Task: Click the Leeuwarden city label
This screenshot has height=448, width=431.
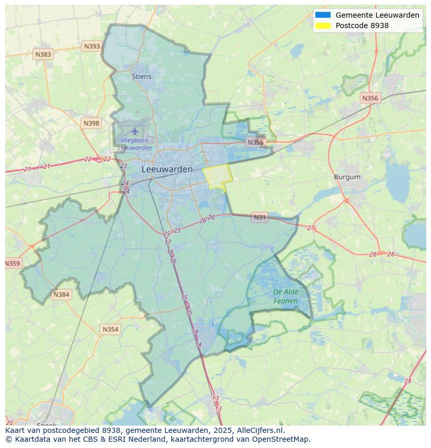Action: point(167,169)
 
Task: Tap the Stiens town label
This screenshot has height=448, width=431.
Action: point(142,76)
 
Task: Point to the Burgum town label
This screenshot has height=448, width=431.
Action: point(347,177)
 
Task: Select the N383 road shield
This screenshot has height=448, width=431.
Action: point(43,54)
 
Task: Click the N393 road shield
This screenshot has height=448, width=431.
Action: point(92,46)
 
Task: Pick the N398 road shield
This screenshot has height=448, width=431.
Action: point(91,123)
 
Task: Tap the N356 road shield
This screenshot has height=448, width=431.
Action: point(370,98)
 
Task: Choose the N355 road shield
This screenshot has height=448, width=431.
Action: point(256,142)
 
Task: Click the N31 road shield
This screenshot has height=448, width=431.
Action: point(259,217)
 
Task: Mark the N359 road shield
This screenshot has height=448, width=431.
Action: point(12,263)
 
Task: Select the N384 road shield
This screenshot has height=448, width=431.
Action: point(61,295)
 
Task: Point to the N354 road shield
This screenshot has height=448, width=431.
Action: point(110,329)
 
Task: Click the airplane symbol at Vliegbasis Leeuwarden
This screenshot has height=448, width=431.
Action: point(135,131)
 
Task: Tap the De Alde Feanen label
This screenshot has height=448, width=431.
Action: point(286,297)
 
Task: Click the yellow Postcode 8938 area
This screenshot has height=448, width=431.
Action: point(217,176)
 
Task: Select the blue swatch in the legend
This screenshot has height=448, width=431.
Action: point(323,15)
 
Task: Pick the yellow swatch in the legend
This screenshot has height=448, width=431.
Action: point(323,25)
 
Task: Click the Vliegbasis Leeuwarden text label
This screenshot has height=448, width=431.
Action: point(135,144)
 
